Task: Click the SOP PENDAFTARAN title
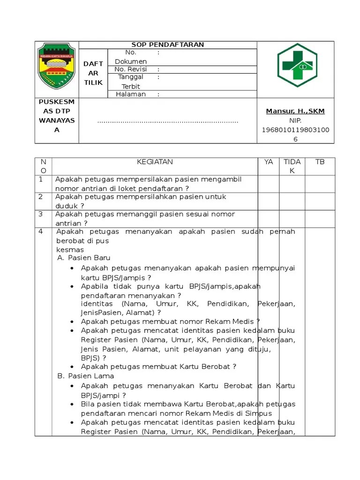[168, 45]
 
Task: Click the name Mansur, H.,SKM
[295, 111]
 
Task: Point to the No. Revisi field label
[130, 69]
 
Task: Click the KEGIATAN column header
[155, 162]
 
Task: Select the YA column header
[268, 162]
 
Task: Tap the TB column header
[320, 162]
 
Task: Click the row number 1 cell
[41, 180]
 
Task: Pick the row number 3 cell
[41, 214]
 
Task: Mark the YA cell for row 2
[268, 201]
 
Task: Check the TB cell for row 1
[320, 184]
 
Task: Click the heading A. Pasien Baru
[84, 258]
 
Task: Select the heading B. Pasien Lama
[85, 376]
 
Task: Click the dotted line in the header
[168, 121]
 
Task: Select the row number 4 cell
[41, 232]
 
